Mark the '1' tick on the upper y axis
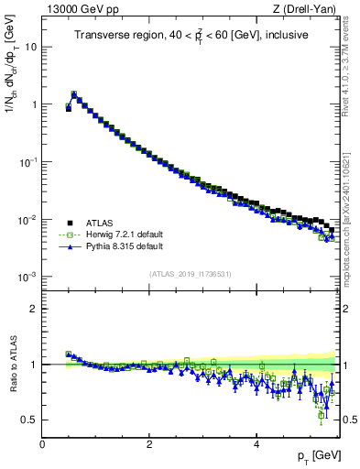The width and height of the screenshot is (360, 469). tap(34, 104)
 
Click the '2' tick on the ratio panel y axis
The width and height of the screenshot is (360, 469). tap(34, 309)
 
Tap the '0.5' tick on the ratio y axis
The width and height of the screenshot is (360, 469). tap(29, 420)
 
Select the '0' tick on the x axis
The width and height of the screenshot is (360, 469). tap(42, 444)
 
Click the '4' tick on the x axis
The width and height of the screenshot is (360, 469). tap(256, 444)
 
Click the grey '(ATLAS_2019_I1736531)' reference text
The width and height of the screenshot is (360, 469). tap(190, 274)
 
